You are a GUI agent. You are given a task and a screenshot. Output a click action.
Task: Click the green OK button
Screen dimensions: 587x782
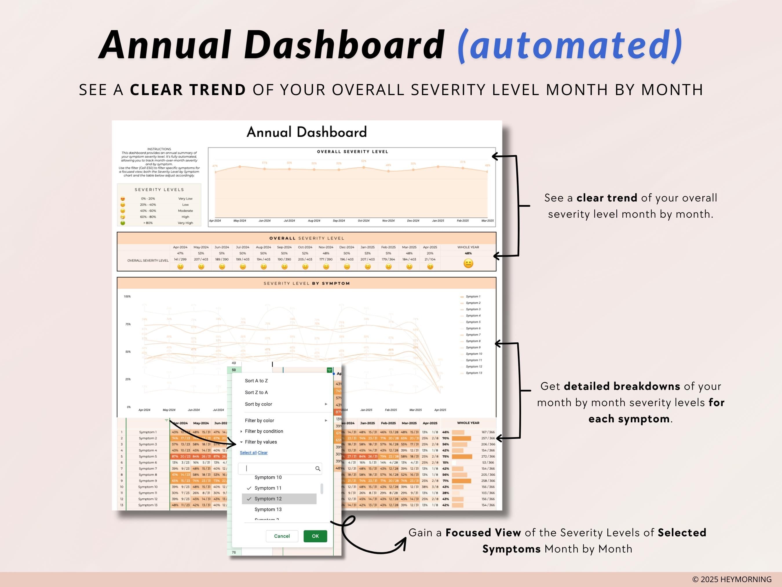point(315,536)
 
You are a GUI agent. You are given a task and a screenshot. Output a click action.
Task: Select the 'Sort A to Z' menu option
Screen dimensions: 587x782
point(256,381)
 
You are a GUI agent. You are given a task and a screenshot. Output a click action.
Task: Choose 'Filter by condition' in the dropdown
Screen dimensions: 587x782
point(264,431)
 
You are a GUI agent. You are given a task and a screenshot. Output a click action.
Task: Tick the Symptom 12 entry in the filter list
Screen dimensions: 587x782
point(268,499)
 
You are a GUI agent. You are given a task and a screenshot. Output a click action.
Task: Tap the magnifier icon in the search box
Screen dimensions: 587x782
point(317,468)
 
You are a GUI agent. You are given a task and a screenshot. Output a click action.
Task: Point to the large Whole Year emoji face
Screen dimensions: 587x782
point(468,263)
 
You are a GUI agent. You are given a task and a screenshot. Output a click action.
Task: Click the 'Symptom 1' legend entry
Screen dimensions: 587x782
point(473,297)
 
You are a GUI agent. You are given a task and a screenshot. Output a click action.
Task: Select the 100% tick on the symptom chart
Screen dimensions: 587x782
point(127,297)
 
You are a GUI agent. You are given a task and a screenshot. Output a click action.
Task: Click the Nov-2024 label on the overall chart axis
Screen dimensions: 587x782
point(388,221)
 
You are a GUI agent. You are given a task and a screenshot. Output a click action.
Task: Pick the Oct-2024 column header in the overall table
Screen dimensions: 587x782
point(305,247)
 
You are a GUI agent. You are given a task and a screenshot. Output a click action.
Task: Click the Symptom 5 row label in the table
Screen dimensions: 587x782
point(148,457)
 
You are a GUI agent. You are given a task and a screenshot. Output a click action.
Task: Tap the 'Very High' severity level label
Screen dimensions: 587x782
point(185,223)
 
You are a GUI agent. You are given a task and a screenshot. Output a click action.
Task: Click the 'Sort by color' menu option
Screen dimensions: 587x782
point(258,404)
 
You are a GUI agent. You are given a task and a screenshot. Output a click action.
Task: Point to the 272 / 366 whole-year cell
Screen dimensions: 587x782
point(488,457)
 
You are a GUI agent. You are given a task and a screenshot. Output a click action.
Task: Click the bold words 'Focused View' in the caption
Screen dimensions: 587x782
point(483,533)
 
